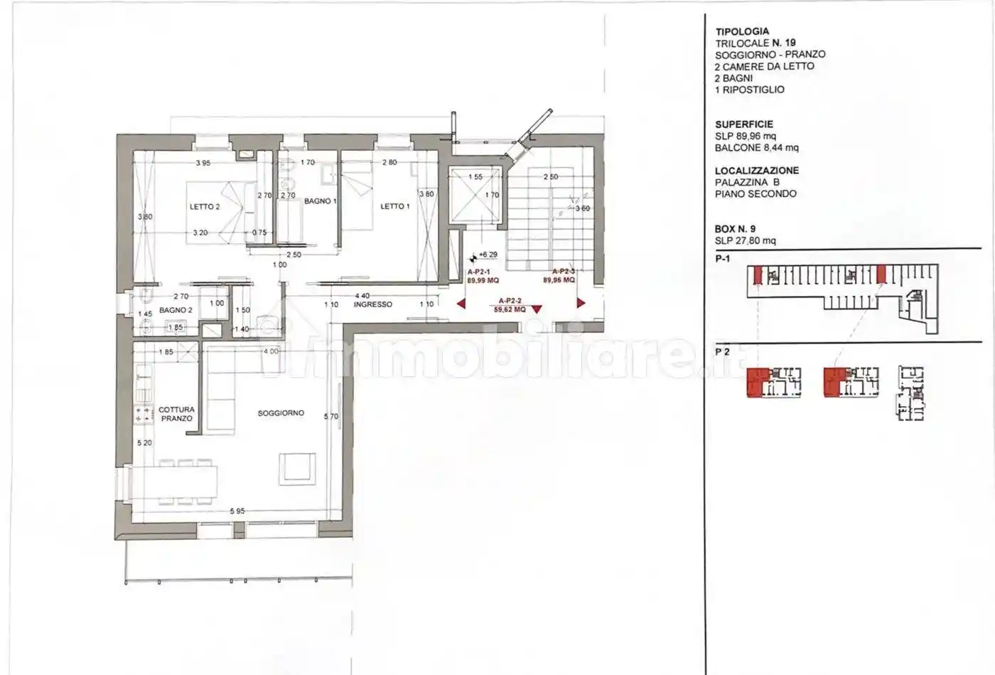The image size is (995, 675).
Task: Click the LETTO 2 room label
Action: (x=204, y=207)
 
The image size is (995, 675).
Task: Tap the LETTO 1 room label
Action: (x=395, y=206)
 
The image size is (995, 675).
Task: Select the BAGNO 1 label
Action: (x=320, y=201)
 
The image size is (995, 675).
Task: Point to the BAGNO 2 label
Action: (x=176, y=310)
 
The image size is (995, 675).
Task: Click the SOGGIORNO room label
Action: (x=281, y=413)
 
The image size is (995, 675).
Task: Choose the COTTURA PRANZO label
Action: (x=176, y=414)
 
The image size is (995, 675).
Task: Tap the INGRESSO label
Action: (x=373, y=304)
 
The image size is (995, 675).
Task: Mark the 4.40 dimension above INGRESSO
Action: (x=362, y=296)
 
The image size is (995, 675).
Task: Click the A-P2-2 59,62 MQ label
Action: (x=512, y=305)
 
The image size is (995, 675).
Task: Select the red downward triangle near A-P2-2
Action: (x=537, y=309)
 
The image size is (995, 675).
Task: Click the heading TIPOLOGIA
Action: (x=742, y=31)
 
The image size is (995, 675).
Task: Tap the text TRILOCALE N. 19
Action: (x=755, y=43)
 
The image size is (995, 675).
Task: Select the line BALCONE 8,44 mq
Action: (x=756, y=148)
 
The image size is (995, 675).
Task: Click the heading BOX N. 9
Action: (x=735, y=229)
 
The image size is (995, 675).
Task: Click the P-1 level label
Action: (x=723, y=259)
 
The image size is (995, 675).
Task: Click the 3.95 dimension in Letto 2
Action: (x=203, y=163)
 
